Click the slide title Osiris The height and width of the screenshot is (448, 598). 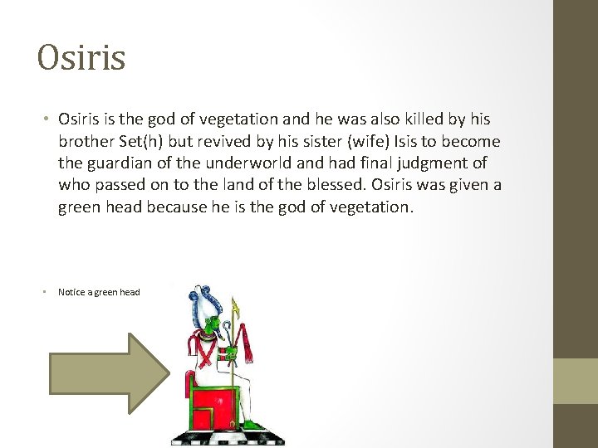click(81, 57)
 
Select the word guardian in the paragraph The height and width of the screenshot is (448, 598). click(120, 163)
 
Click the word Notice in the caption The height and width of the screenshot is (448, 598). click(71, 292)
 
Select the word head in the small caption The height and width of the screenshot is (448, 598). click(130, 292)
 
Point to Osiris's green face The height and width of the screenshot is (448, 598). click(213, 324)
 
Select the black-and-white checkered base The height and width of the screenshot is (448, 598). click(228, 438)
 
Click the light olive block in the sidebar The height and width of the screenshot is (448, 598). click(576, 381)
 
